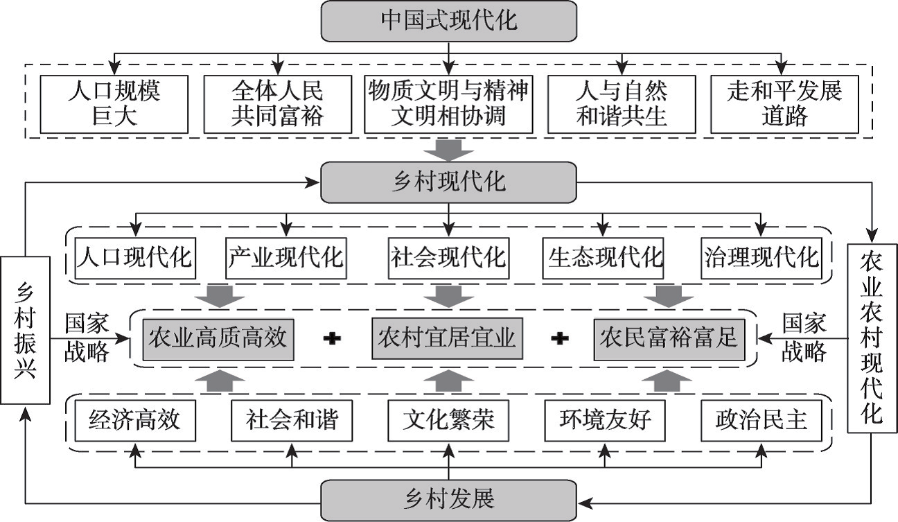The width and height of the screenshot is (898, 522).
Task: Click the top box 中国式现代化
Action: pyautogui.click(x=448, y=21)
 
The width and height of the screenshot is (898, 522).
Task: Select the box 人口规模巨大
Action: pyautogui.click(x=114, y=104)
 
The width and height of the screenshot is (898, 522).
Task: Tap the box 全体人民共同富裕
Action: pyautogui.click(x=277, y=104)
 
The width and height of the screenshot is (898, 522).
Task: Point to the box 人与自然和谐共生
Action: pyautogui.click(x=622, y=104)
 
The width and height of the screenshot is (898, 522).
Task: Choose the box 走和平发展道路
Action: pyautogui.click(x=784, y=104)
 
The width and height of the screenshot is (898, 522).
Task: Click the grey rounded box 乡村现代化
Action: pyautogui.click(x=448, y=182)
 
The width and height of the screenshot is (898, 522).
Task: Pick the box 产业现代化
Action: pyautogui.click(x=286, y=258)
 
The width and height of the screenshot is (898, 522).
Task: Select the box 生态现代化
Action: pyautogui.click(x=603, y=258)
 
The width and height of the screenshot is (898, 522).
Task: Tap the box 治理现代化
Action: pyautogui.click(x=761, y=258)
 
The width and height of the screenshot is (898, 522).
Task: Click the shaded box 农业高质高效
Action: pyautogui.click(x=218, y=338)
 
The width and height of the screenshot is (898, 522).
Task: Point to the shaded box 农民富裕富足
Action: pyautogui.click(x=669, y=338)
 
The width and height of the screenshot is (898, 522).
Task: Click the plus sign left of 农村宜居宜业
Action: pyautogui.click(x=333, y=338)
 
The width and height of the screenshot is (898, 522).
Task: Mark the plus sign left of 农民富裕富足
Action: pyautogui.click(x=560, y=338)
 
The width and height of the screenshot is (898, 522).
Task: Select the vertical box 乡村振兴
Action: pyautogui.click(x=25, y=330)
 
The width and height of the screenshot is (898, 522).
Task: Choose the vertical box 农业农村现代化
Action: pyautogui.click(x=872, y=338)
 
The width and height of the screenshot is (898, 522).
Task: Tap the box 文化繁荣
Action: pyautogui.click(x=448, y=421)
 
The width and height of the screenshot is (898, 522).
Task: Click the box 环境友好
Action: pyautogui.click(x=604, y=421)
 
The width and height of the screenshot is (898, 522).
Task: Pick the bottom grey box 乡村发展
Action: pyautogui.click(x=448, y=501)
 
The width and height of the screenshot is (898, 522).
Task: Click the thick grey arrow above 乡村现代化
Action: pyautogui.click(x=448, y=150)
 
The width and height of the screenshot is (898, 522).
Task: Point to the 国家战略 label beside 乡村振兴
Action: pyautogui.click(x=87, y=338)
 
